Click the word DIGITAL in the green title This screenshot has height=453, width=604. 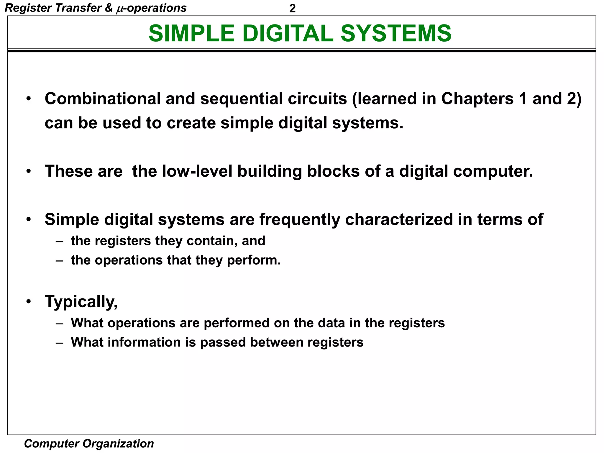pyautogui.click(x=288, y=33)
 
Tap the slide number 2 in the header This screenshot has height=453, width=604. pyautogui.click(x=292, y=9)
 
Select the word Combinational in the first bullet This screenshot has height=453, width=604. pyautogui.click(x=102, y=99)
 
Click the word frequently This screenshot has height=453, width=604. pyautogui.click(x=300, y=220)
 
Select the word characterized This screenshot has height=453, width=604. pyautogui.click(x=399, y=219)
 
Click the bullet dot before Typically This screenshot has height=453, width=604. pyautogui.click(x=28, y=302)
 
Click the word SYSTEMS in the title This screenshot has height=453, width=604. pyautogui.click(x=396, y=33)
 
